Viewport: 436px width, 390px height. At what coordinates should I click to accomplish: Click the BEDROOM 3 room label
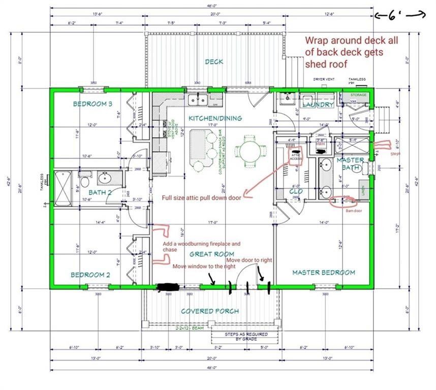tap(92, 104)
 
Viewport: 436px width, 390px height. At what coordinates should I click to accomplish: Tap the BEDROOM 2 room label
tap(90, 275)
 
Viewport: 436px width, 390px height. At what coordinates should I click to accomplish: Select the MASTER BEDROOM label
tap(323, 273)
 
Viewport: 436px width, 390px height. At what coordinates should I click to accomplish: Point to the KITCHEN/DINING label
tap(215, 118)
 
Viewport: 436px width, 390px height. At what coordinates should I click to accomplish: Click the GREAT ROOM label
tap(212, 254)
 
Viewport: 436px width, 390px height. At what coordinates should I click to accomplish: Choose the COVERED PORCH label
tap(210, 311)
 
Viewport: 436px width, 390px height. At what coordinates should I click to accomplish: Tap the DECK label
tap(214, 62)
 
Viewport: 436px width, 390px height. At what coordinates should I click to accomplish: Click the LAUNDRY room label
tap(318, 105)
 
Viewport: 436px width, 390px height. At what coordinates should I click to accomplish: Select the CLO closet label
tap(295, 191)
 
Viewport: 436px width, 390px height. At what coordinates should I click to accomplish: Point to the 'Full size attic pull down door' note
tap(201, 198)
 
